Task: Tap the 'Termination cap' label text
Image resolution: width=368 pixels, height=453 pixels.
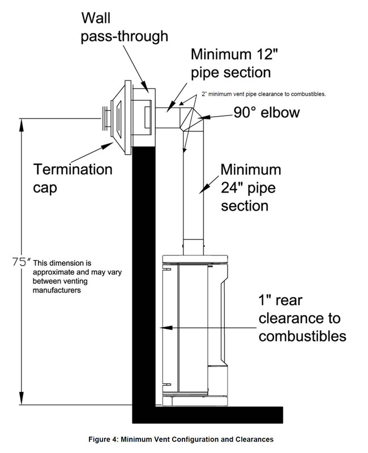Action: point(73,178)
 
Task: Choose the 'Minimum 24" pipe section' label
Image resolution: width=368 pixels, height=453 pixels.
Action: point(250,187)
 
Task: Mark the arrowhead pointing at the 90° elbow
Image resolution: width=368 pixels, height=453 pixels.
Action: point(203,117)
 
